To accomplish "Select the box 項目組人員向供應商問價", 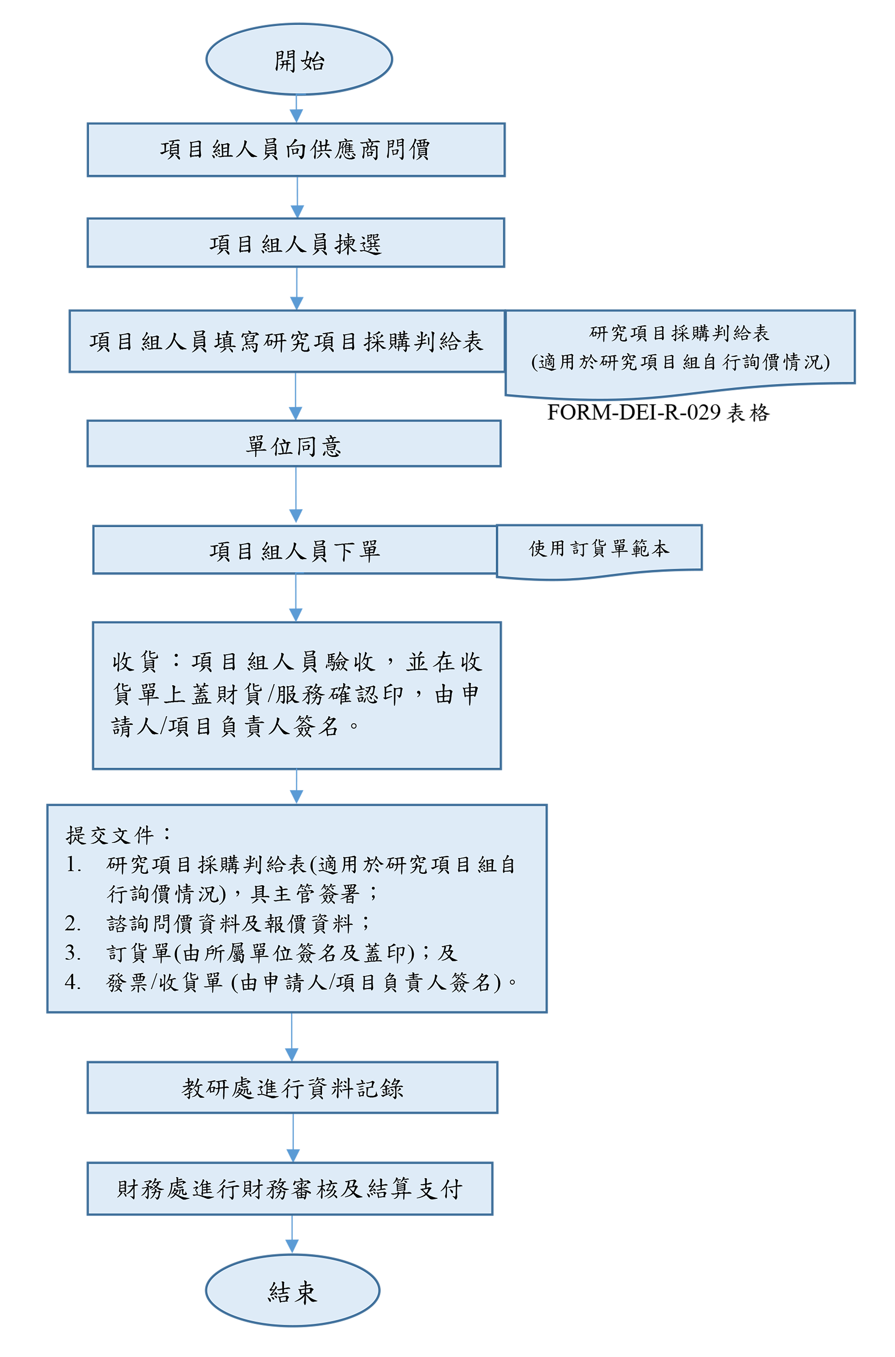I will click(x=296, y=150).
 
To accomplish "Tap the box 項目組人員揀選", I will click(x=296, y=243).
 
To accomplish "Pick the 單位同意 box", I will click(x=293, y=444).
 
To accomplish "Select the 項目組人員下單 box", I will click(x=294, y=550).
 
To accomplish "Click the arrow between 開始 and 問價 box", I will click(x=296, y=109).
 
